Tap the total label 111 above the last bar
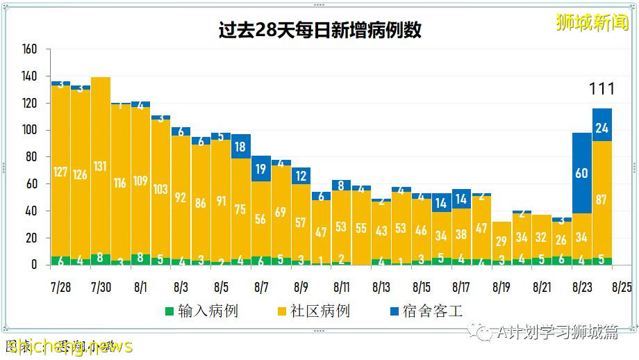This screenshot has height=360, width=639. coord(601,89)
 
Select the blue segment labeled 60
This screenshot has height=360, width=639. coord(581,173)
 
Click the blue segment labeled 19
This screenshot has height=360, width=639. coord(261,169)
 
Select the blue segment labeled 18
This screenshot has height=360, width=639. coord(241,147)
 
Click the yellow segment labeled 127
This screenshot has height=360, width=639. coord(60,171)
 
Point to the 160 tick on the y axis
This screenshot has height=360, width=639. coord(29,49)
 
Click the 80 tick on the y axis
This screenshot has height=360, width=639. coord(31,157)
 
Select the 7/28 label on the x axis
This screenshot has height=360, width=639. coord(60,286)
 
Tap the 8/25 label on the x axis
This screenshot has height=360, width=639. coord(622,286)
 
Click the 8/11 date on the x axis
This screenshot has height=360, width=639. coord(341,286)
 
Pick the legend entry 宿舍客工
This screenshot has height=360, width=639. coord(424,311)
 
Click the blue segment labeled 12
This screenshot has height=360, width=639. coord(301,176)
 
